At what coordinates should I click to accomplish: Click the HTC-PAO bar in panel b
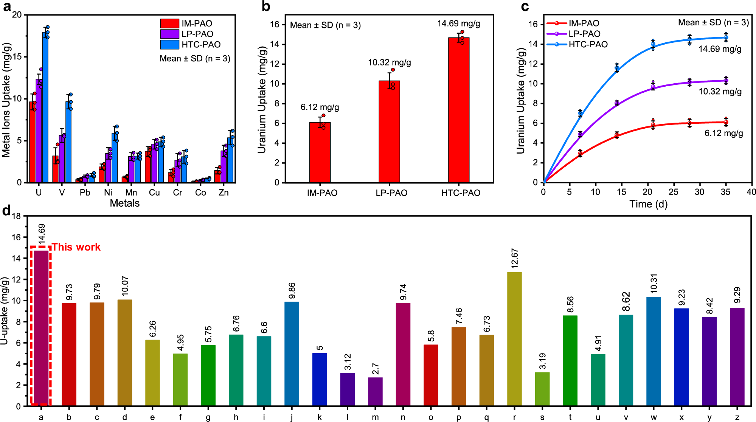[x=459, y=110]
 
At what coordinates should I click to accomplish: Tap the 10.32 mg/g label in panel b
[x=390, y=62]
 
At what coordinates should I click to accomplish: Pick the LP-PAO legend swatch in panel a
[x=169, y=34]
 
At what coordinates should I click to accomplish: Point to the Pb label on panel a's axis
[x=85, y=193]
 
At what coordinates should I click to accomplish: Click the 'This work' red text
[x=76, y=247]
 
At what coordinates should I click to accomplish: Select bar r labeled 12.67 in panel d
[x=514, y=339]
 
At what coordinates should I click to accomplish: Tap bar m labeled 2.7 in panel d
[x=375, y=392]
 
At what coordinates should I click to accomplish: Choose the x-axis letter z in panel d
[x=737, y=417]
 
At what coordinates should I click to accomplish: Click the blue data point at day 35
[x=726, y=37]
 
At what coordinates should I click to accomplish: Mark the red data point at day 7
[x=580, y=154]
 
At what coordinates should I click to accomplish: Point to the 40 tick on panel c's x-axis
[x=751, y=192]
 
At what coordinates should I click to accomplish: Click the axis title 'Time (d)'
[x=648, y=204]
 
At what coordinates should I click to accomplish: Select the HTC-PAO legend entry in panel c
[x=588, y=44]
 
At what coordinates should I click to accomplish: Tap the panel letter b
[x=266, y=6]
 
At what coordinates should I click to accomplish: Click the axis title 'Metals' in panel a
[x=124, y=203]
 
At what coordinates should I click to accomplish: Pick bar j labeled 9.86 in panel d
[x=292, y=353]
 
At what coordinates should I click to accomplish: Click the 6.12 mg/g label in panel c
[x=723, y=133]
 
